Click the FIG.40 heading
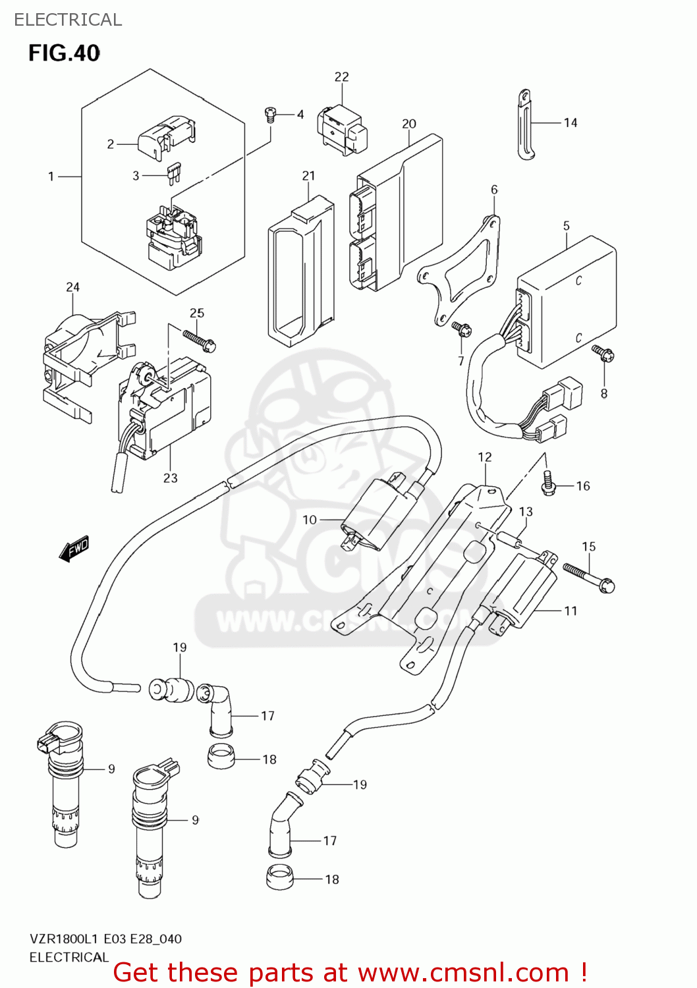tap(64, 53)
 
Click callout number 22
tap(341, 77)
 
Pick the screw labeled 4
tap(269, 115)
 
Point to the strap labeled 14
tap(524, 124)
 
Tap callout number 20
tap(409, 124)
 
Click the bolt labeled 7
tap(460, 327)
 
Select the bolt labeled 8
tap(603, 354)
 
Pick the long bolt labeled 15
tap(588, 577)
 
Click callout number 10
tap(310, 520)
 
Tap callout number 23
tap(171, 478)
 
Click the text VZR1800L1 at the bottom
tap(64, 939)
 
